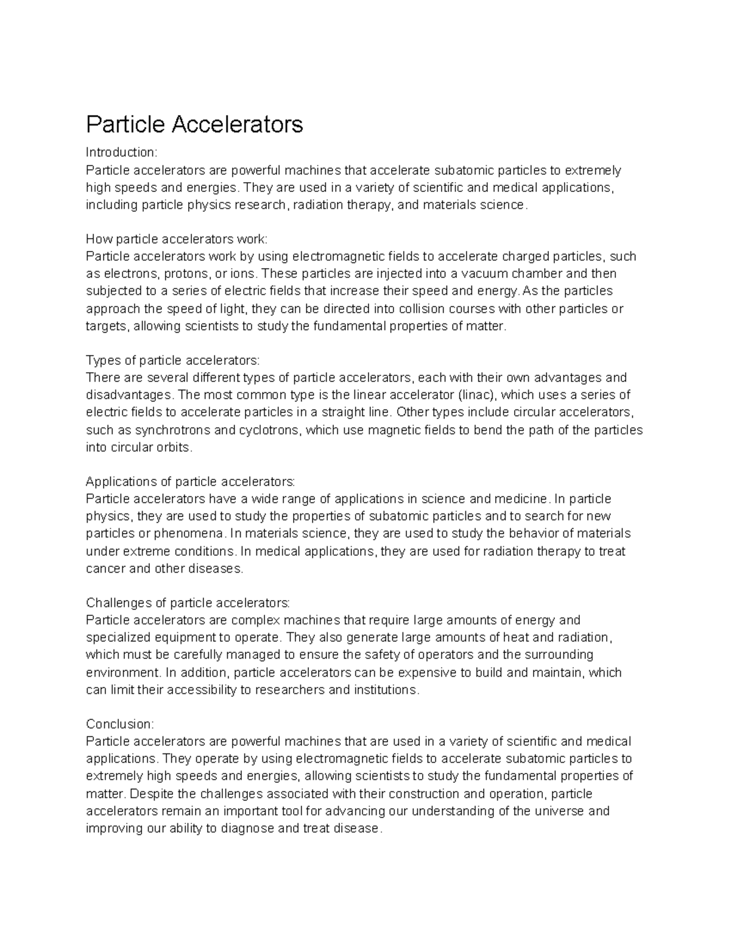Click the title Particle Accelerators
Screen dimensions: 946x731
coord(194,124)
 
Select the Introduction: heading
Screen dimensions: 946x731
coord(122,152)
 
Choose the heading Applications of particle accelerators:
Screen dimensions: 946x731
coord(191,481)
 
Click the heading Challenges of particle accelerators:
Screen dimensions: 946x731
coord(188,602)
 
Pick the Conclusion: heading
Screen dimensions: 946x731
coord(121,724)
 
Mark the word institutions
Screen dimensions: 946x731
coord(387,690)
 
